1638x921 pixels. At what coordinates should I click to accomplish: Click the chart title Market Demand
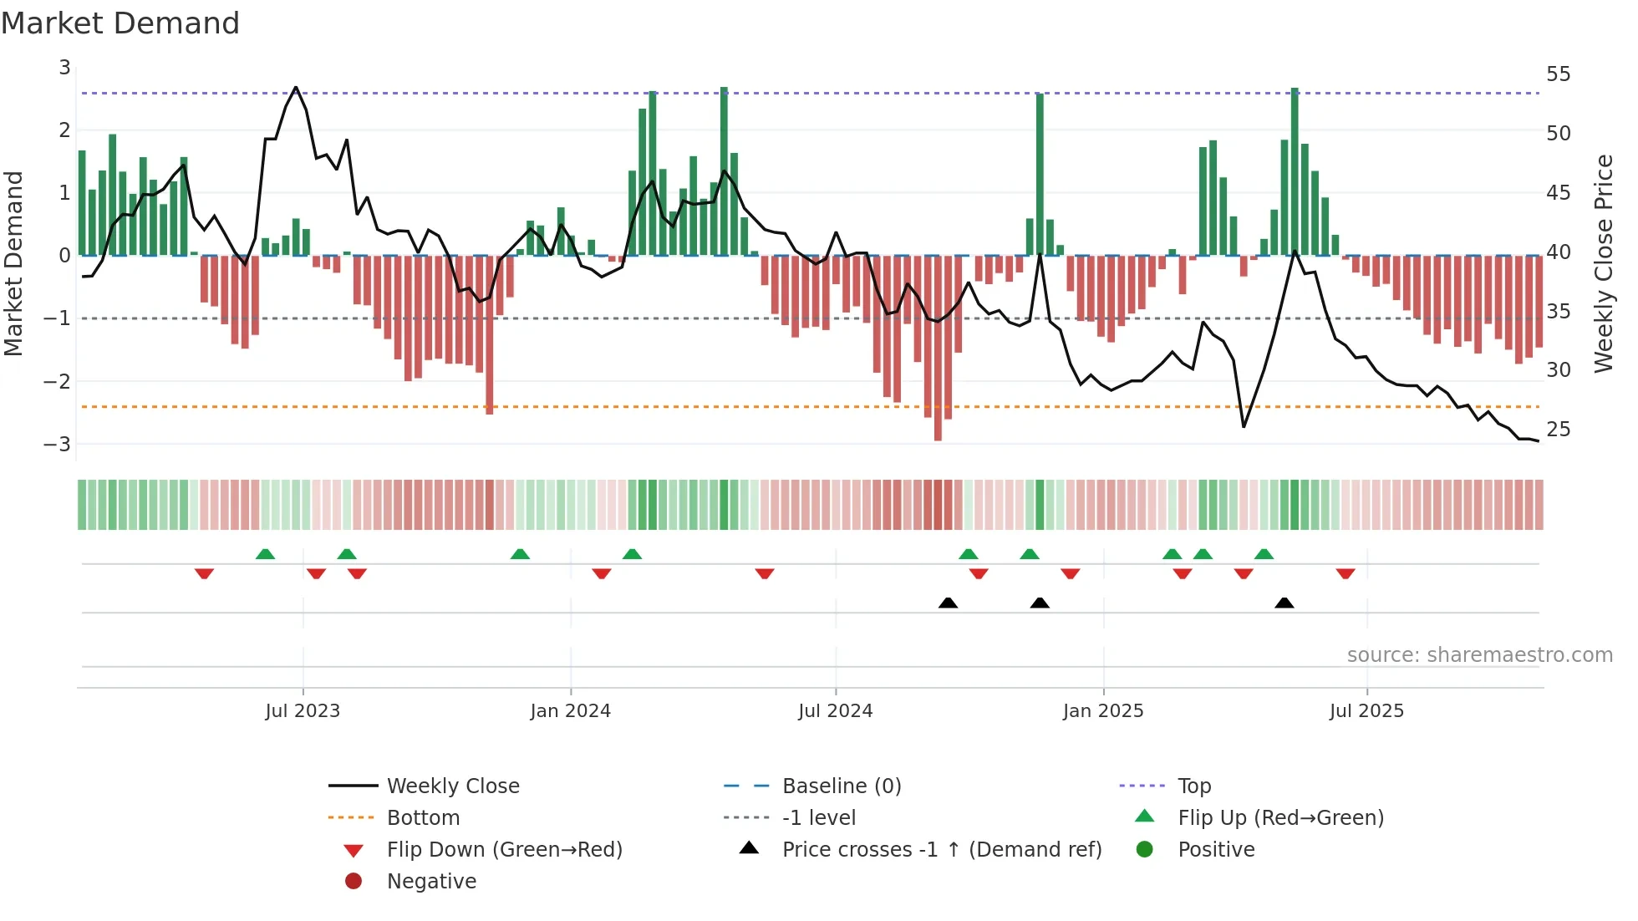[120, 23]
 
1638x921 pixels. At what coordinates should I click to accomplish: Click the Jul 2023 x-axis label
[303, 711]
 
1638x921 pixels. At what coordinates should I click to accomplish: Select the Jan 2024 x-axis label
[571, 711]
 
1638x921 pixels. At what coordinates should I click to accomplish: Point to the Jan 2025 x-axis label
[1103, 711]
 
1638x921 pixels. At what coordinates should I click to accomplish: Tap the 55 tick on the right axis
[1558, 74]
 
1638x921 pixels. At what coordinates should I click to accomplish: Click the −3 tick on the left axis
[58, 444]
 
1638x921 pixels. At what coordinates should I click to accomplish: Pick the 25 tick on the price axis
[1558, 430]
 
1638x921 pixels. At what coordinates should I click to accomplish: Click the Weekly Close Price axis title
[1603, 263]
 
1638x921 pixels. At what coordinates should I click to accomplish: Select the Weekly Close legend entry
[453, 786]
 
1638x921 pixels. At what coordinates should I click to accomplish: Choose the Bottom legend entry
[423, 818]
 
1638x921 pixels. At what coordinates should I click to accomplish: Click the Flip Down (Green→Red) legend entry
[504, 850]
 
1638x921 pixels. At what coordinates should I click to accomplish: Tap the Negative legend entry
[431, 882]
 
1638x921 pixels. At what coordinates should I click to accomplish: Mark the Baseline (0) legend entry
[842, 786]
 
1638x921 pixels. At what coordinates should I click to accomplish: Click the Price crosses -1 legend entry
[941, 850]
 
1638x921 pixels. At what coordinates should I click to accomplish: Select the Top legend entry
[1194, 786]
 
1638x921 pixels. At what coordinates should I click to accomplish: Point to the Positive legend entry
[1216, 850]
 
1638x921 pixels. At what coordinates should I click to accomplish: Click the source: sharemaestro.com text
[1479, 655]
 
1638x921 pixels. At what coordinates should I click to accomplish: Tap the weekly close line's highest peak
[296, 88]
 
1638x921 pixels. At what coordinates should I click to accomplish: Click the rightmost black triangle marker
[1284, 603]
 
